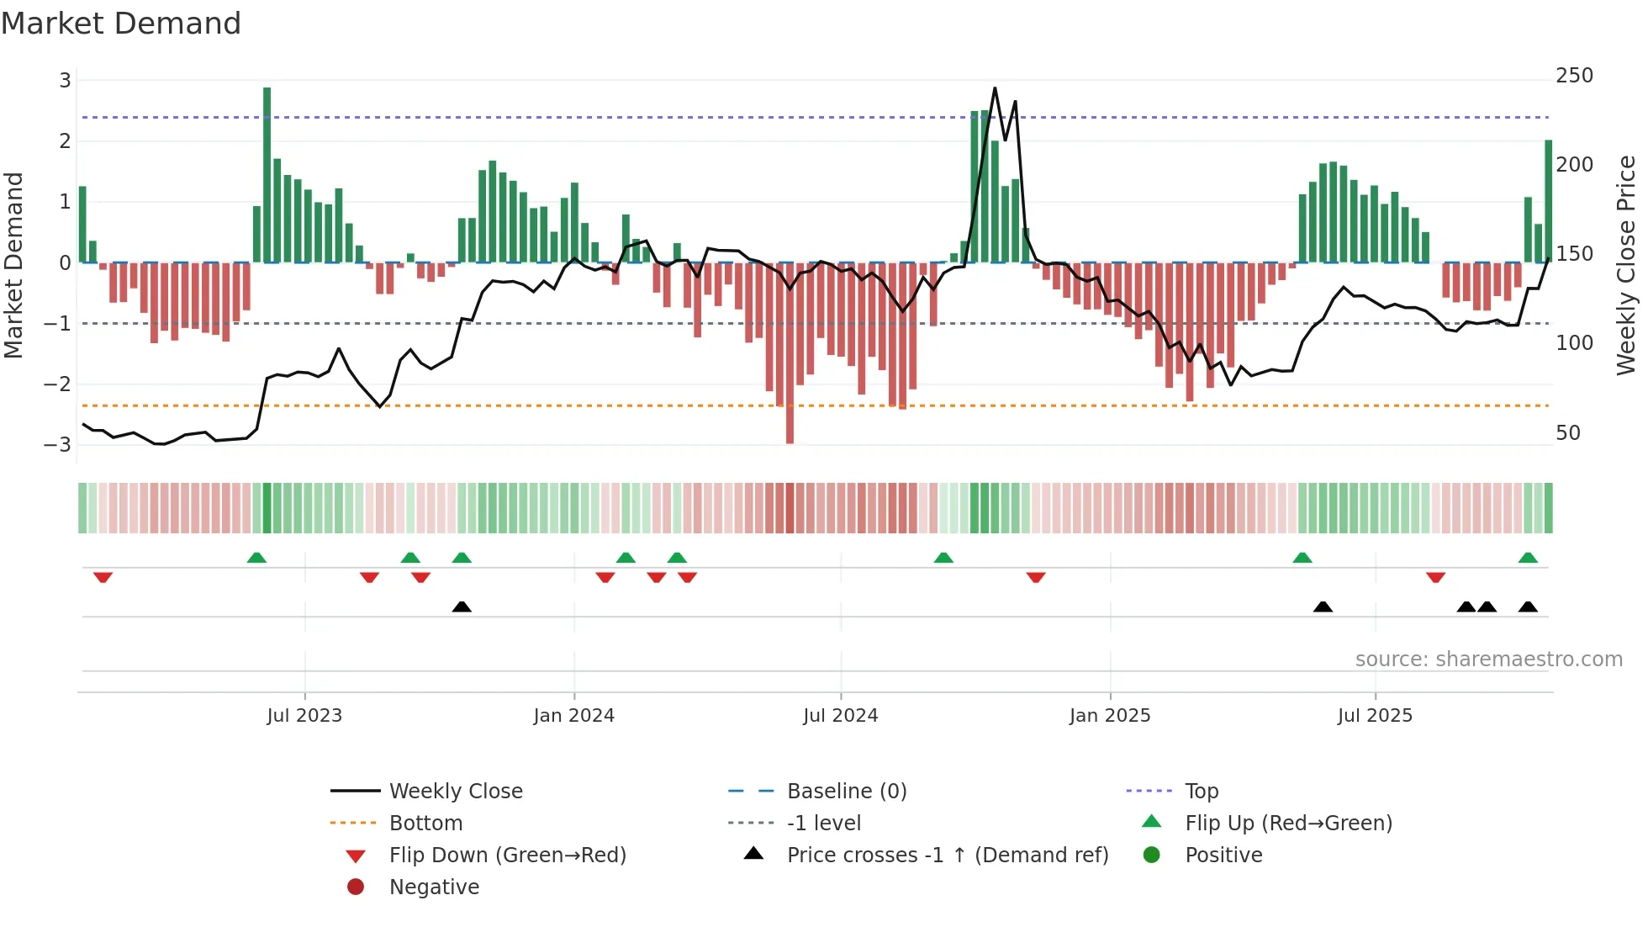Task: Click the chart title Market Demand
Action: tap(121, 24)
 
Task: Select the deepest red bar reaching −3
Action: tap(790, 353)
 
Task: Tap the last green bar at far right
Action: tap(1548, 202)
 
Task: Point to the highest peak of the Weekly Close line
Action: tap(995, 88)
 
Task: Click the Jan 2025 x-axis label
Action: tap(1109, 716)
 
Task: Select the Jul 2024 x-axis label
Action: tap(840, 716)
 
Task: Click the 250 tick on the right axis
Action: tap(1574, 76)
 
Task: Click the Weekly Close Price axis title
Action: tap(1626, 265)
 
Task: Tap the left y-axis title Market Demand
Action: tap(13, 265)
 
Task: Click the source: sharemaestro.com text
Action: tap(1488, 659)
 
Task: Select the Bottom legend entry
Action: tap(425, 824)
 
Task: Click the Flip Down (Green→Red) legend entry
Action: tap(507, 855)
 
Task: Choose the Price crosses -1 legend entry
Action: tap(947, 855)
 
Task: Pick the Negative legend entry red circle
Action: tap(356, 887)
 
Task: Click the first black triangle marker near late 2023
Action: tap(462, 607)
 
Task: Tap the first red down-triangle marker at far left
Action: tap(103, 577)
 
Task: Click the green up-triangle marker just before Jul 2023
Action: tap(256, 558)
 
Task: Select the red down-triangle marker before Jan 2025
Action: tap(1036, 577)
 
